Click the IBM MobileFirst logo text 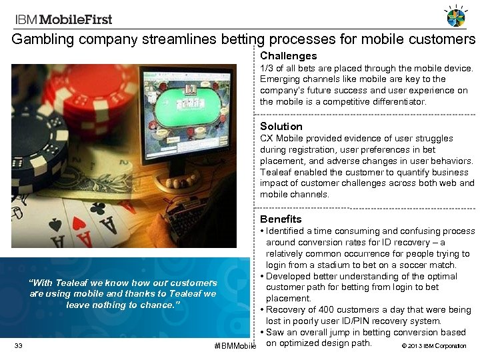point(63,19)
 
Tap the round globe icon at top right point(456,17)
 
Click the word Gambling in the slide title point(43,39)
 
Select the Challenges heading point(288,56)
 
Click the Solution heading point(281,126)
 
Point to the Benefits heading point(281,219)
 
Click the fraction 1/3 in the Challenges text point(267,68)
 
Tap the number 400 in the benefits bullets point(319,310)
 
